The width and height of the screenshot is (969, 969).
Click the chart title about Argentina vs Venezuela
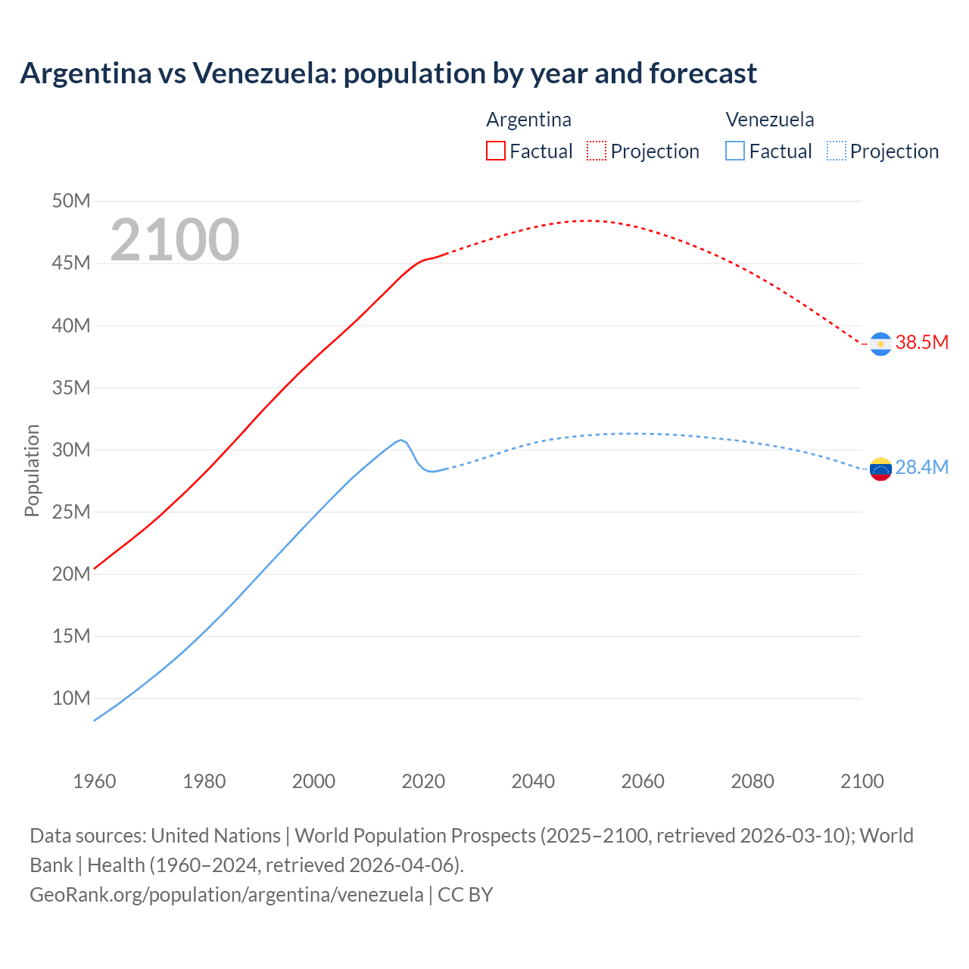[388, 73]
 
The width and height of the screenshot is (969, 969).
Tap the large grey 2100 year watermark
[175, 240]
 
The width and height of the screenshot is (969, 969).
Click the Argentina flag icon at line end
[880, 344]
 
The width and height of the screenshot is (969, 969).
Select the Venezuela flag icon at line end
[880, 469]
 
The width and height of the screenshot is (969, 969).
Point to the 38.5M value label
[921, 342]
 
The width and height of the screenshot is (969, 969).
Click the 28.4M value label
[921, 467]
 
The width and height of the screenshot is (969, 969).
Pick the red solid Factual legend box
[495, 151]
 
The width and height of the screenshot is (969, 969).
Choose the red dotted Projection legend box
[597, 151]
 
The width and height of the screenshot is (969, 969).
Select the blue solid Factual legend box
[734, 151]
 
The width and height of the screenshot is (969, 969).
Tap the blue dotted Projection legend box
[836, 151]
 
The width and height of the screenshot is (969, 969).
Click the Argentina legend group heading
[528, 120]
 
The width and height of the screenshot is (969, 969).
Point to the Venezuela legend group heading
[769, 120]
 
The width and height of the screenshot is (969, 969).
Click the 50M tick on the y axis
[71, 201]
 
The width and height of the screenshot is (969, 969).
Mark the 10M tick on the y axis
[71, 698]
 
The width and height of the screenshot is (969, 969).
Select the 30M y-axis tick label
[71, 450]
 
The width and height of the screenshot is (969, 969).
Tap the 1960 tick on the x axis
[95, 781]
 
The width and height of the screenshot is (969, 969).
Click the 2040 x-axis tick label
[533, 781]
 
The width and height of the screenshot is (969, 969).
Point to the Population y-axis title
[32, 470]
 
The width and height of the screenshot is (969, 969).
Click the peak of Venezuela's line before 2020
[400, 439]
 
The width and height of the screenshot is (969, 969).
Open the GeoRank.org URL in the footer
[226, 895]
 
